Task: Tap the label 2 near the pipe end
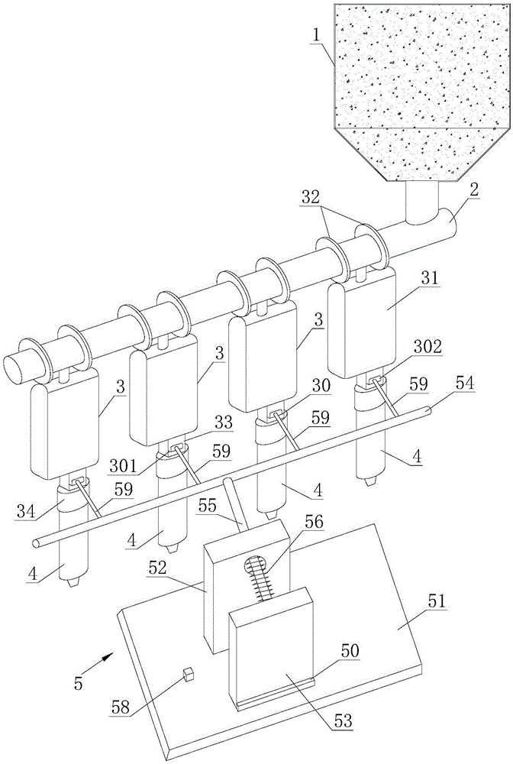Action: coord(473,190)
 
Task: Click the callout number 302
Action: coord(429,347)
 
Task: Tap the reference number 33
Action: coord(224,422)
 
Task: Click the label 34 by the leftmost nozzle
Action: coord(25,512)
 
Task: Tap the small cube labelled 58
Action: coord(188,674)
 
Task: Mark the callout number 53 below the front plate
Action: coord(343,720)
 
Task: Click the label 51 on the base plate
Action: coord(436,601)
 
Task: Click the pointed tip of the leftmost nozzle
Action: coord(73,583)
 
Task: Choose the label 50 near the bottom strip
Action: coord(350,651)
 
